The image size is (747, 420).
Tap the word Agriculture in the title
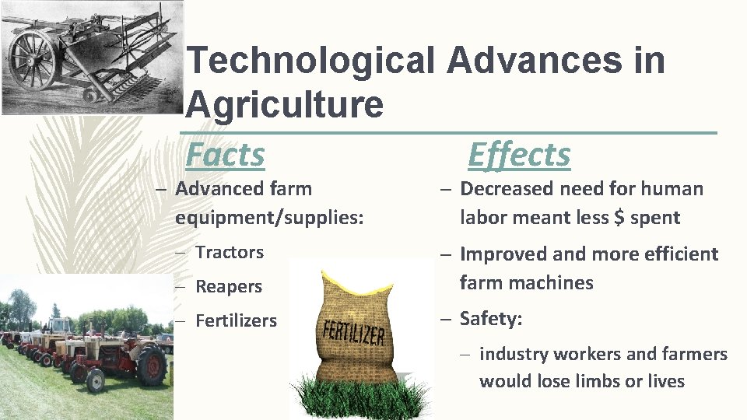click(285, 103)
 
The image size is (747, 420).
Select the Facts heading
click(225, 155)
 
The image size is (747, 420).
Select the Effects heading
click(519, 155)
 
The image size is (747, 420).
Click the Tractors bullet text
click(229, 252)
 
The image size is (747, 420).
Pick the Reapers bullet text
click(228, 286)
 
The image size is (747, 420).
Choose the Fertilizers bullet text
click(236, 320)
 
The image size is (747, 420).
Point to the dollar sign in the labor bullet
click(619, 218)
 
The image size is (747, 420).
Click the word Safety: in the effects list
click(491, 319)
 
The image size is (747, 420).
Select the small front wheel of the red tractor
click(96, 380)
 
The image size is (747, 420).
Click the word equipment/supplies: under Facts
click(269, 218)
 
